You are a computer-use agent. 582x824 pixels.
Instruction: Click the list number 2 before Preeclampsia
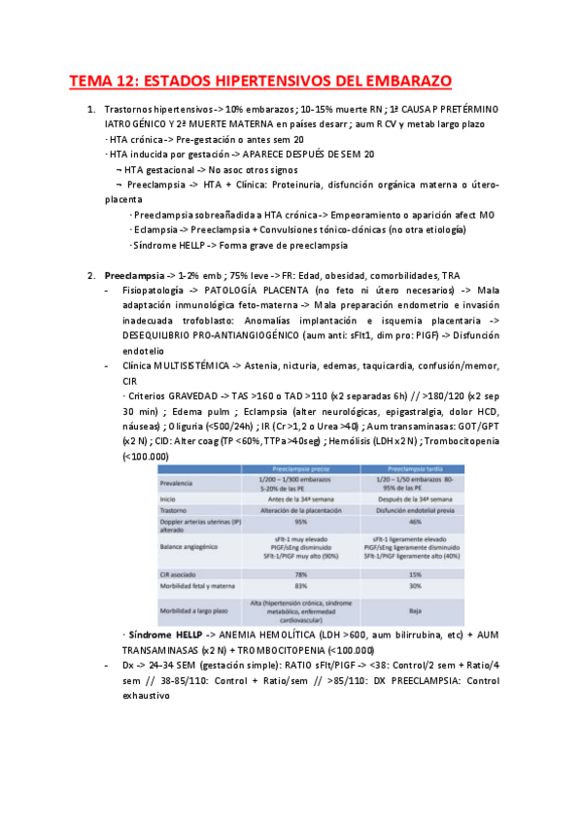coord(90,275)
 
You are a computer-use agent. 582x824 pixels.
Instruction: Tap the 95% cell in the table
coord(298,521)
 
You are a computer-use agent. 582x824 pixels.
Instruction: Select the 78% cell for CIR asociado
coord(298,575)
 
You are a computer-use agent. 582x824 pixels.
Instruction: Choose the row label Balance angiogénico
coord(197,548)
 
